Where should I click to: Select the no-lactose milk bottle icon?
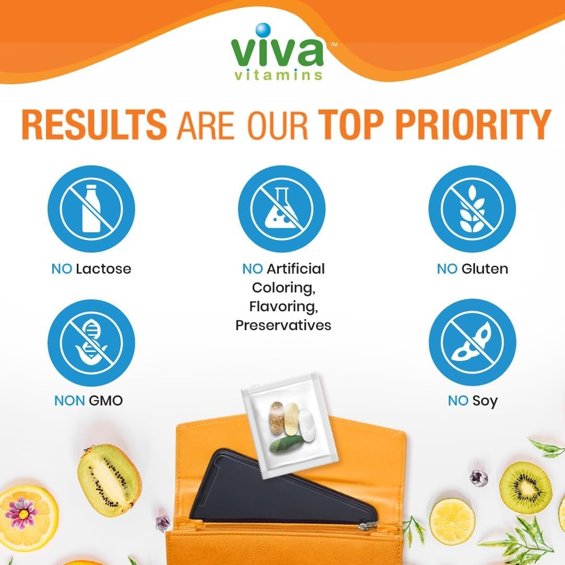tap(91, 209)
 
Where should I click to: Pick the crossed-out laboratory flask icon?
tap(281, 209)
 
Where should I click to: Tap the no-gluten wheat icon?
tap(472, 209)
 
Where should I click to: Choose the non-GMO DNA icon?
tap(91, 342)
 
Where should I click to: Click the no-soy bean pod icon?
tap(472, 342)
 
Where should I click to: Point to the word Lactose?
tap(104, 269)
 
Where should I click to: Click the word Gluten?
tap(484, 269)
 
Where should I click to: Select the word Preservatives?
tap(283, 326)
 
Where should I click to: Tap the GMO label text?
tap(105, 401)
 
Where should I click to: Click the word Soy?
tap(485, 401)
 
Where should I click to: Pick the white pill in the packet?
tap(306, 425)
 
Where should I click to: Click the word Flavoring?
tap(283, 306)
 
